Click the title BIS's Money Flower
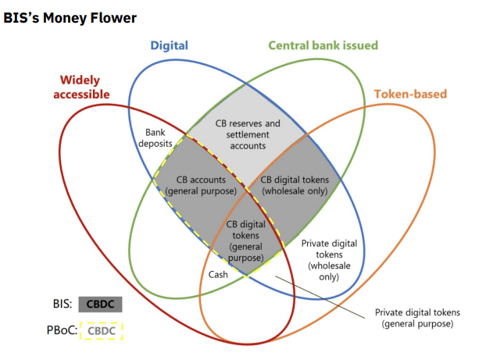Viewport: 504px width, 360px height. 70,17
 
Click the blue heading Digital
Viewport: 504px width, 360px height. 169,45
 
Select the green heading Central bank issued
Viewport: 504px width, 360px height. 323,45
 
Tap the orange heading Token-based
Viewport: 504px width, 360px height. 410,94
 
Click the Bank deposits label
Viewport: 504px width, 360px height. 163,138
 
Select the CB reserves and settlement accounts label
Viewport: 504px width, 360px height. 247,134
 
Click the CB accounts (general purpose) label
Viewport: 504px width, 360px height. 202,185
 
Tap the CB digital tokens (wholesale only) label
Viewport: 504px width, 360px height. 290,185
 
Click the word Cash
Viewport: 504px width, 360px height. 218,274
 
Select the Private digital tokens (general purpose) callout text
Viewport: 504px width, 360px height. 414,316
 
